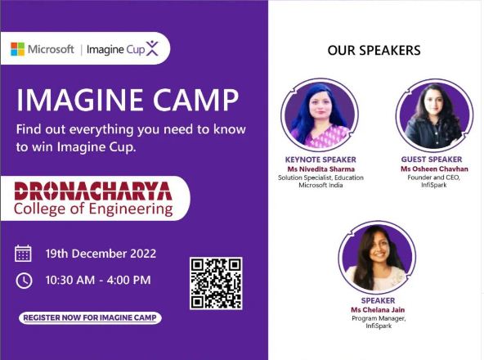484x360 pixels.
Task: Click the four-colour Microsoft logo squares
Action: pos(18,49)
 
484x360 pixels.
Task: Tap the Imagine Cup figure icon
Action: pos(152,48)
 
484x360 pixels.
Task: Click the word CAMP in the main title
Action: pos(196,100)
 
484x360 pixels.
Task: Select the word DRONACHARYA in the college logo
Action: pos(93,191)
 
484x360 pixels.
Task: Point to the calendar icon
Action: pos(23,254)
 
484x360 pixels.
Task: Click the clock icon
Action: pos(24,281)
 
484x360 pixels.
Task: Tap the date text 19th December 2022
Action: pos(101,254)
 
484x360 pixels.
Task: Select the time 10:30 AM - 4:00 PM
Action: pos(98,280)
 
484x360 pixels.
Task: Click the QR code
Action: pos(216,283)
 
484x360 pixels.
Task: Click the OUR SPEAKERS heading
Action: pos(374,51)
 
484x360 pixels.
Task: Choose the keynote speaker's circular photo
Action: pos(320,115)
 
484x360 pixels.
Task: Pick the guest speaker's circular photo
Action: pos(434,115)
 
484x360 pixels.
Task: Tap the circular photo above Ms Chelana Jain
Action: pos(377,257)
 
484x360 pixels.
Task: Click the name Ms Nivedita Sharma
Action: pos(320,169)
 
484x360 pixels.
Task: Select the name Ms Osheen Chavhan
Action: pos(434,169)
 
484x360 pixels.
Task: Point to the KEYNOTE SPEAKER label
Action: pos(320,160)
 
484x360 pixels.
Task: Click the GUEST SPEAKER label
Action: pos(432,160)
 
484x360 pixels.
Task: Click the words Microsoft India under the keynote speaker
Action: pos(320,185)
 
